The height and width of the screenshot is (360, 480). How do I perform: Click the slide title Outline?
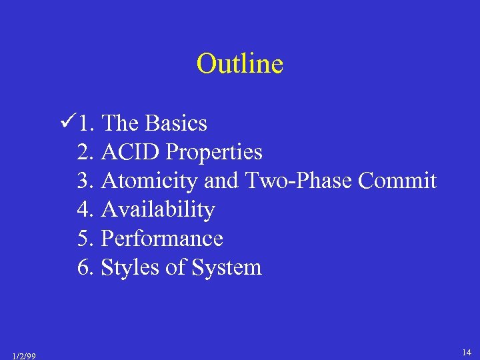[240, 64]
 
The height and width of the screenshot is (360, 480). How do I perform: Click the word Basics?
[176, 123]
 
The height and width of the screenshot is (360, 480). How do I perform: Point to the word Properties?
[214, 153]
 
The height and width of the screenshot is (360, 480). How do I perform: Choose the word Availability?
[158, 210]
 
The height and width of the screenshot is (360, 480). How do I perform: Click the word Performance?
[162, 239]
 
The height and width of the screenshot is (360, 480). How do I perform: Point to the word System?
[226, 268]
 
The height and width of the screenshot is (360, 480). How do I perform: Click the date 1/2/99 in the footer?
[23, 356]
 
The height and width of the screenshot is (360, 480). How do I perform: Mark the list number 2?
[85, 152]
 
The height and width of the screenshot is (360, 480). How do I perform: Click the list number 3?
[85, 181]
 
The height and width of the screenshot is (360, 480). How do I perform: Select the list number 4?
[85, 210]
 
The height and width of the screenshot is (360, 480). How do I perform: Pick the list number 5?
[85, 239]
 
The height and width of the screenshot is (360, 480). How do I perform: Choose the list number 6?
[85, 268]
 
